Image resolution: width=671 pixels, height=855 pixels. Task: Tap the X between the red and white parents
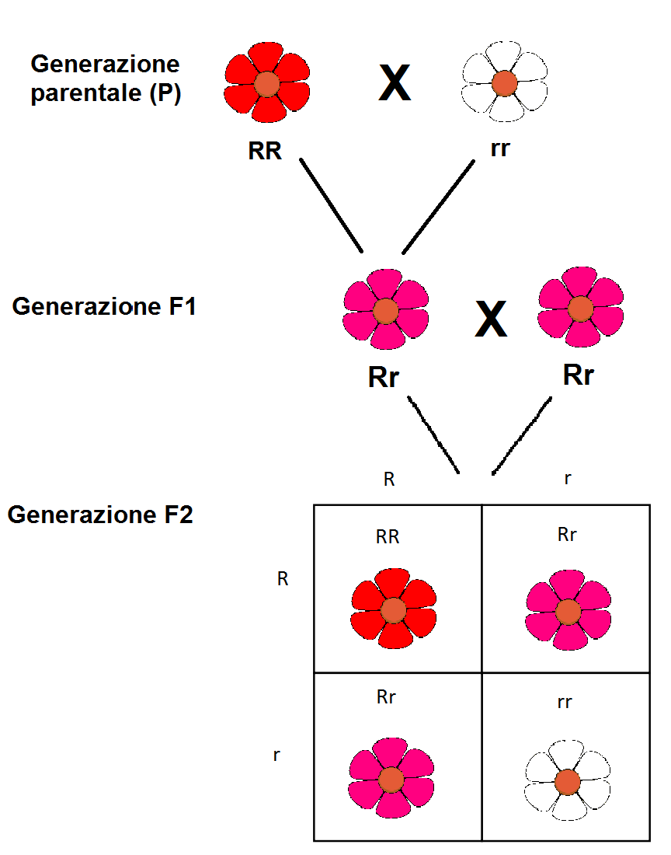point(394,83)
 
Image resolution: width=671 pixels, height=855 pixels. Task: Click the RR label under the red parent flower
point(265,151)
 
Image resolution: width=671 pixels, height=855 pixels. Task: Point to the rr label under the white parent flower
point(500,148)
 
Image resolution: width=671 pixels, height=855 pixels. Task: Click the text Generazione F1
point(104,306)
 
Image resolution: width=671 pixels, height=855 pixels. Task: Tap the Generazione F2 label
point(99,515)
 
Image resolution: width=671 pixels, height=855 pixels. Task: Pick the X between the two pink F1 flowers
point(491,319)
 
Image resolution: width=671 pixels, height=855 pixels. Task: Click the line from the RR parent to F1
point(332,206)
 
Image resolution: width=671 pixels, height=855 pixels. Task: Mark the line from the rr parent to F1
point(438,206)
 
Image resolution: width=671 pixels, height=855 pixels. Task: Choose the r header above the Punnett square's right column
point(568,479)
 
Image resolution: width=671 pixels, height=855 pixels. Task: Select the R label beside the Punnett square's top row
point(283,579)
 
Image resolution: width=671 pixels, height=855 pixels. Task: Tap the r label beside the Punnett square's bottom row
point(276,755)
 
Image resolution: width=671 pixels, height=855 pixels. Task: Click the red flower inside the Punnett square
point(393,609)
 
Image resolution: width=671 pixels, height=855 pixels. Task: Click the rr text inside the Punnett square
point(565,703)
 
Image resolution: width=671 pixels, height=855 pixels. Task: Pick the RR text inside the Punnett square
point(388,536)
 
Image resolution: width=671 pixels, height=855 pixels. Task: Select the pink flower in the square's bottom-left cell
point(391,778)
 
